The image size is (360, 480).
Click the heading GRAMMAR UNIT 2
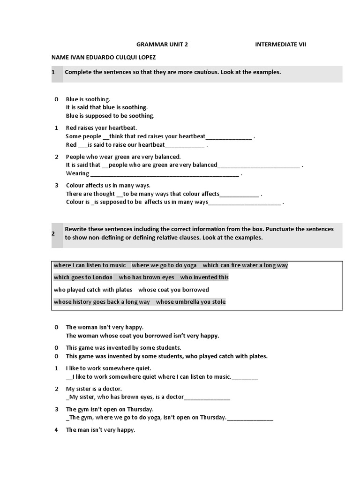coord(162,45)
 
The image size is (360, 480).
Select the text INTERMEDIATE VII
coord(281,45)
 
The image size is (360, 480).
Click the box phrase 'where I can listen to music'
coord(90,265)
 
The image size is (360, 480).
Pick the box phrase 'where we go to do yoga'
coord(165,265)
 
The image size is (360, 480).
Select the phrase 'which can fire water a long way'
coord(245,265)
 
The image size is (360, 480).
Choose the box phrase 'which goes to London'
coord(83,277)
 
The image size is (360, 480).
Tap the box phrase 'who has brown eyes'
coord(147,277)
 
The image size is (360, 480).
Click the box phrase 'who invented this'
coord(204,277)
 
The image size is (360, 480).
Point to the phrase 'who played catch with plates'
coord(93,290)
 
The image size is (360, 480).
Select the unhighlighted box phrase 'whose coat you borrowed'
coord(173,290)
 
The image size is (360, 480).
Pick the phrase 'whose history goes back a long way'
coord(102,302)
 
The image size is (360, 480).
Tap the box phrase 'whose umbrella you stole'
coord(191,302)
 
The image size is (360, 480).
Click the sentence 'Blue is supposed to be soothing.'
coord(110,116)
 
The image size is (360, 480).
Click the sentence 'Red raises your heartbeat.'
coord(101,128)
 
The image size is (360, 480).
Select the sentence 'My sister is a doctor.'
coord(94,389)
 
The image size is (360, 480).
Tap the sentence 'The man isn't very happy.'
coord(100,430)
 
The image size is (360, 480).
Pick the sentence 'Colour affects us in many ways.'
coord(108,186)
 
